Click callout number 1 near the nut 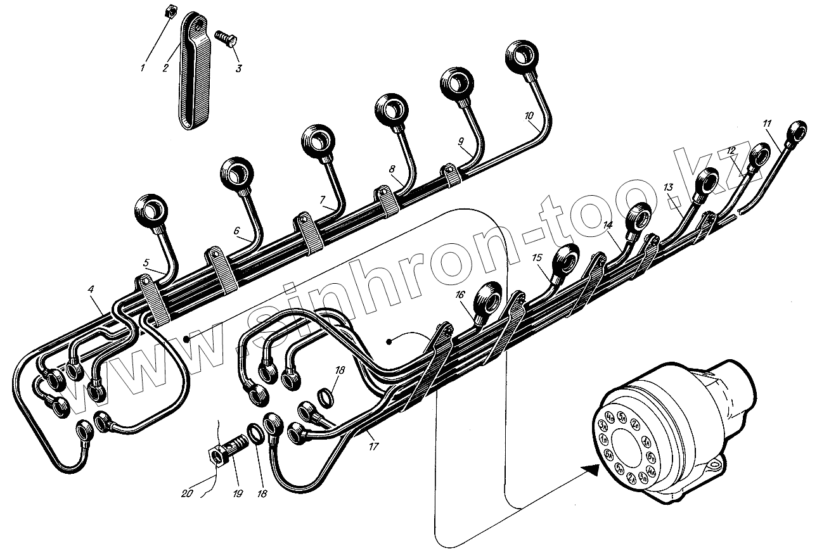pyautogui.click(x=143, y=67)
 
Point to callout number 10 pyautogui.click(x=529, y=116)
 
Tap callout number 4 pyautogui.click(x=92, y=289)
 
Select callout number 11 pyautogui.click(x=768, y=123)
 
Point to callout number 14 pyautogui.click(x=608, y=225)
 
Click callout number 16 pyautogui.click(x=460, y=295)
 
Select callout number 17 pyautogui.click(x=374, y=447)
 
